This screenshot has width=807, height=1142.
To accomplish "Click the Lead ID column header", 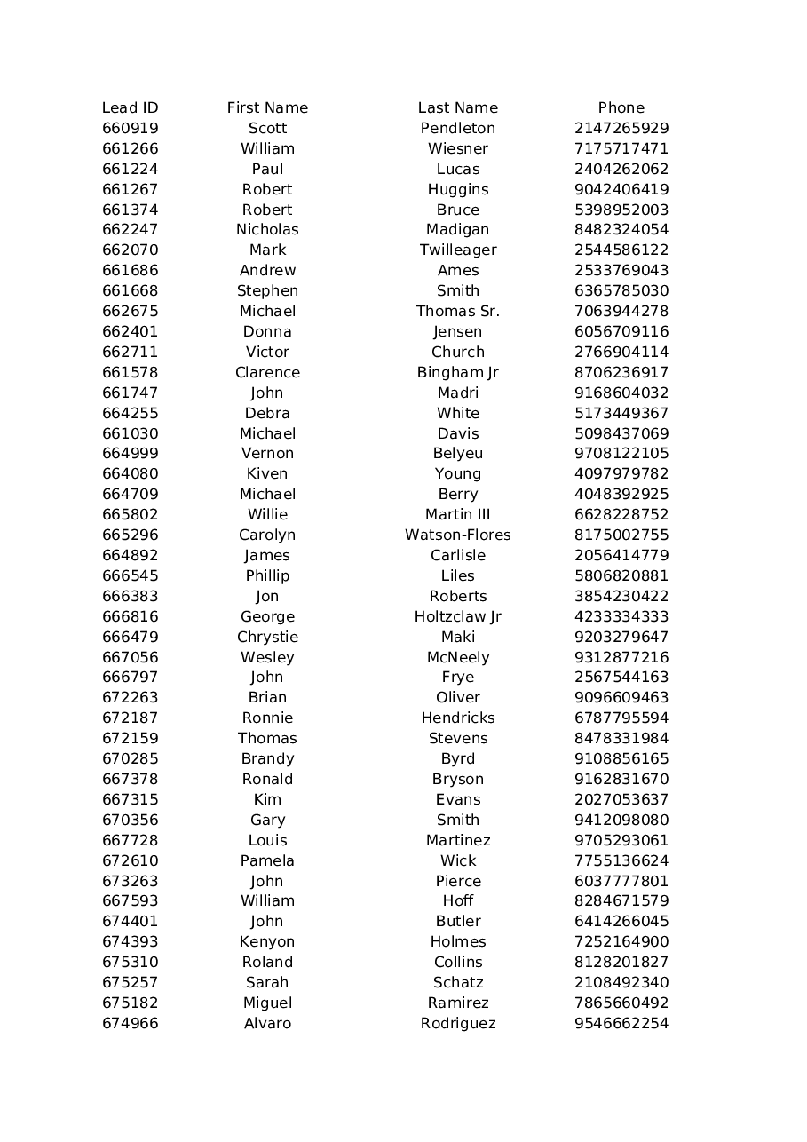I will pyautogui.click(x=130, y=107).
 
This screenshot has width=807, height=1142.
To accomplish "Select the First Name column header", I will pyautogui.click(x=267, y=107).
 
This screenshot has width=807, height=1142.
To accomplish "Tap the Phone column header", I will pyautogui.click(x=621, y=107).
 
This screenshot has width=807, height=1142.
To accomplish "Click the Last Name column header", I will pyautogui.click(x=457, y=107).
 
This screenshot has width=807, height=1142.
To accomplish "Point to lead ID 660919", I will pyautogui.click(x=130, y=128).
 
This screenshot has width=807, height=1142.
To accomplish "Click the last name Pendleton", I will pyautogui.click(x=457, y=128).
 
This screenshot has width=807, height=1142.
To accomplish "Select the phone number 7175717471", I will pyautogui.click(x=621, y=148).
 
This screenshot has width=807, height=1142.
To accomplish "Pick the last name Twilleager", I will pyautogui.click(x=457, y=250).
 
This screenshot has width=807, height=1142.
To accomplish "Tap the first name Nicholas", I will pyautogui.click(x=267, y=229).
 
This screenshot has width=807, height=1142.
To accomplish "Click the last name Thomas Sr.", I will pyautogui.click(x=457, y=311).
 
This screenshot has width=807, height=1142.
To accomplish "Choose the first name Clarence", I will pyautogui.click(x=267, y=372).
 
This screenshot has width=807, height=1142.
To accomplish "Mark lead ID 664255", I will pyautogui.click(x=130, y=413).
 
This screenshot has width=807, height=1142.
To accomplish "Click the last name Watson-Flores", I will pyautogui.click(x=457, y=535).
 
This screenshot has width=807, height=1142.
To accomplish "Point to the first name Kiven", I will pyautogui.click(x=267, y=473).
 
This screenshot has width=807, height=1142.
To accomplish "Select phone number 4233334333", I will pyautogui.click(x=621, y=616).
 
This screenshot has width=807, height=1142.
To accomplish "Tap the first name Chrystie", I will pyautogui.click(x=267, y=637).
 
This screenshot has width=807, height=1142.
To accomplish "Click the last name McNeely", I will pyautogui.click(x=457, y=657).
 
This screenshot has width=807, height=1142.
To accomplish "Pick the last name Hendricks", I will pyautogui.click(x=457, y=718).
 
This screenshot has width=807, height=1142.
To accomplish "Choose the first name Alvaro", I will pyautogui.click(x=267, y=1023).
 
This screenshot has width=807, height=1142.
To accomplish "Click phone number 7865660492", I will pyautogui.click(x=621, y=1003).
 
